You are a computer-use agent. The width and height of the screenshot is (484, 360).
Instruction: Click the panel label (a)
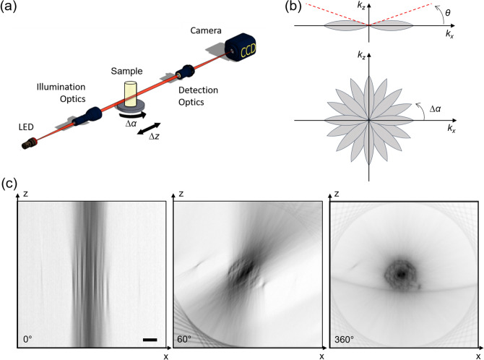9,7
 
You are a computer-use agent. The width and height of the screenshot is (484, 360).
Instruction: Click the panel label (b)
293,7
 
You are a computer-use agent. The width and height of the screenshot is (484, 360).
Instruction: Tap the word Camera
206,30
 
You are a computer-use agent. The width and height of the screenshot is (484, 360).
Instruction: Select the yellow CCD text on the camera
249,51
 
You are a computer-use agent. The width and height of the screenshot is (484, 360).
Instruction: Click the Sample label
126,71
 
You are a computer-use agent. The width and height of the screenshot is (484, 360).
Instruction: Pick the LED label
26,127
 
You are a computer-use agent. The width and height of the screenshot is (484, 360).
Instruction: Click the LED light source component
30,144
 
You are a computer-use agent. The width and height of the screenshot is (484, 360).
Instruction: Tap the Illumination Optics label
61,93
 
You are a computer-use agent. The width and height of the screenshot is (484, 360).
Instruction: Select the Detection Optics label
198,96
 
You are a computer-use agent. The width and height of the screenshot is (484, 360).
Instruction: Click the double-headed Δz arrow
149,129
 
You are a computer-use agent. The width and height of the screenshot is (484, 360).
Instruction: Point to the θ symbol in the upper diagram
448,13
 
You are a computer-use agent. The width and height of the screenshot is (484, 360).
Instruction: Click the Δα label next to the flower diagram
435,108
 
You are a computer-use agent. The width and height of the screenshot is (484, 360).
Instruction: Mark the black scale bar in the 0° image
150,340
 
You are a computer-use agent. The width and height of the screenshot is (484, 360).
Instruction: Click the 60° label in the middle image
184,340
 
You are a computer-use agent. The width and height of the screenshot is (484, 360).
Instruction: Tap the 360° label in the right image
344,340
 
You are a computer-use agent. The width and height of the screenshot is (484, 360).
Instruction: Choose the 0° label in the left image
27,340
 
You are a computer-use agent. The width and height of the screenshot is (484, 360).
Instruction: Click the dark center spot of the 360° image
401,274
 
